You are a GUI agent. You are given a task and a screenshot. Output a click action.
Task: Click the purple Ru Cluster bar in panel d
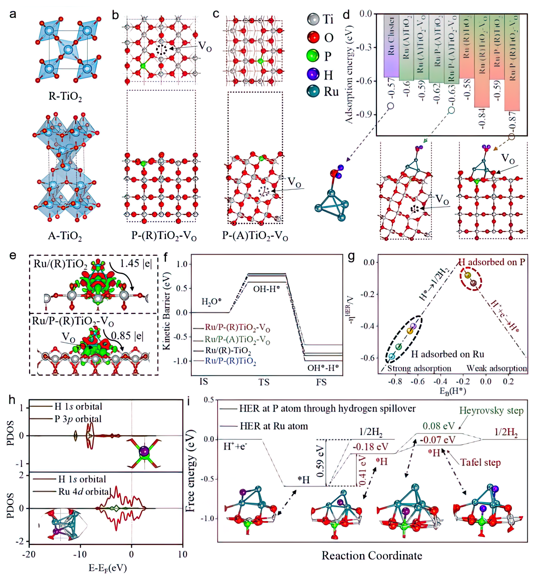(391, 45)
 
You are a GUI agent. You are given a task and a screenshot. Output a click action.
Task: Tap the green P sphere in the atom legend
(313, 56)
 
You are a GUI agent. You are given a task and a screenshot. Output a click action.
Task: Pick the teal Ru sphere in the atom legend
(313, 91)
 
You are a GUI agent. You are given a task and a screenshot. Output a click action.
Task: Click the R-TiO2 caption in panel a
(65, 97)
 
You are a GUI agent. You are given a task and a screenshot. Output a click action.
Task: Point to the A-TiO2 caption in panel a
(65, 236)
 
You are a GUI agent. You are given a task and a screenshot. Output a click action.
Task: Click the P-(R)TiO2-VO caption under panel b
(164, 236)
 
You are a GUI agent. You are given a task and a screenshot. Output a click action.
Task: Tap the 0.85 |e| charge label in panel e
(127, 335)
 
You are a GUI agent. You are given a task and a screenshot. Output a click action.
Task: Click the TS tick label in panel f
(264, 382)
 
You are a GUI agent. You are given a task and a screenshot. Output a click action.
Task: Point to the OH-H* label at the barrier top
(266, 290)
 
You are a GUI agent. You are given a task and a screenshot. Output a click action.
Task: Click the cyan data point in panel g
(392, 356)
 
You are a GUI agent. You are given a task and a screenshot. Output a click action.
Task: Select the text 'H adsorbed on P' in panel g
(491, 262)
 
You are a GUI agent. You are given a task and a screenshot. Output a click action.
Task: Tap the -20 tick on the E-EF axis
(29, 554)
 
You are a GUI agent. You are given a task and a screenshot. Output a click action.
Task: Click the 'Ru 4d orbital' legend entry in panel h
(85, 492)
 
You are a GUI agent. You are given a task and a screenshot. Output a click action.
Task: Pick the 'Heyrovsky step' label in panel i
(491, 411)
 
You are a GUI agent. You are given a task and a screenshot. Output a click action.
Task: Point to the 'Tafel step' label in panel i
(480, 463)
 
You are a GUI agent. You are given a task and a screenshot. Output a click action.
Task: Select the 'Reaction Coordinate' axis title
(372, 556)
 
